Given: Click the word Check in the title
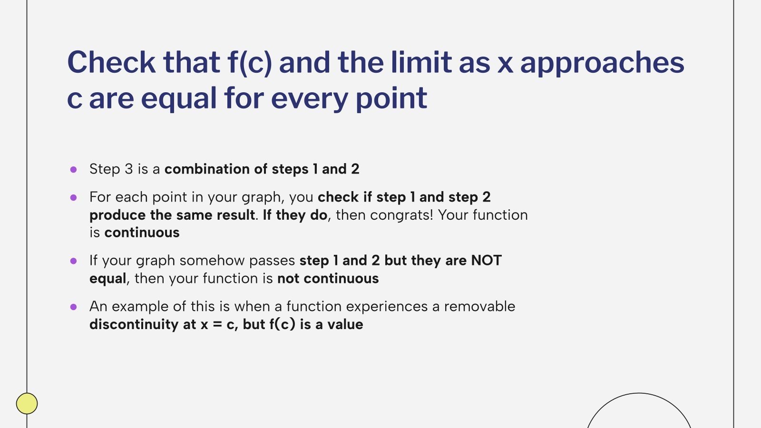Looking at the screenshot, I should click(x=111, y=62).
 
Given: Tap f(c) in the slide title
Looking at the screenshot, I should click(x=249, y=62).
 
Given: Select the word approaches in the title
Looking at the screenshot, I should click(x=602, y=62).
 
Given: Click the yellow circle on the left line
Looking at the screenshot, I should click(x=27, y=403).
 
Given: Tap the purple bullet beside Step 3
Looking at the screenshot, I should click(x=73, y=169).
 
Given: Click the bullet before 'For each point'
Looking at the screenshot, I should click(x=73, y=197).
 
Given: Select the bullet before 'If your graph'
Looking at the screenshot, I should click(x=73, y=261).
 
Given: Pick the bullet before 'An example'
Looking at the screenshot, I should click(x=73, y=307).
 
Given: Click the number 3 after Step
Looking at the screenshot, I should click(x=128, y=169).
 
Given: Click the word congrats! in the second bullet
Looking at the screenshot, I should click(x=401, y=215).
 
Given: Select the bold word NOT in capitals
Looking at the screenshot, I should click(x=486, y=261).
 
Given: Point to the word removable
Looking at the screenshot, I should click(x=479, y=307).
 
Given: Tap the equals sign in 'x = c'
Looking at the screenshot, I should click(x=217, y=325).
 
